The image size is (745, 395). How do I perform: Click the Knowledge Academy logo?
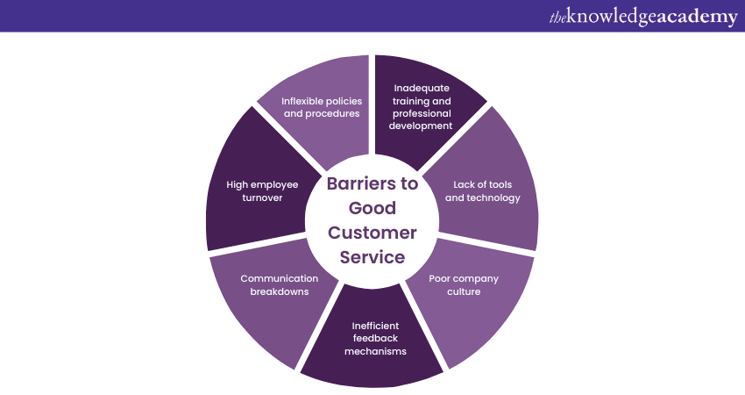tap(642, 17)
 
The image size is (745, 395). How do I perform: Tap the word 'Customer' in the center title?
tap(372, 233)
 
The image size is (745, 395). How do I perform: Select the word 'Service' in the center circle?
tap(372, 257)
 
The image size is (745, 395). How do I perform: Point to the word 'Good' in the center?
tap(372, 209)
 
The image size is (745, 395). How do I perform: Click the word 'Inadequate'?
tap(422, 88)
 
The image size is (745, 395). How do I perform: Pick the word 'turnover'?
tap(262, 197)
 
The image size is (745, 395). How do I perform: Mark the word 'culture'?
tap(464, 291)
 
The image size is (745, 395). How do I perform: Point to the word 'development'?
tap(422, 126)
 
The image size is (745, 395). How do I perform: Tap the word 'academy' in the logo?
tap(691, 17)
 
